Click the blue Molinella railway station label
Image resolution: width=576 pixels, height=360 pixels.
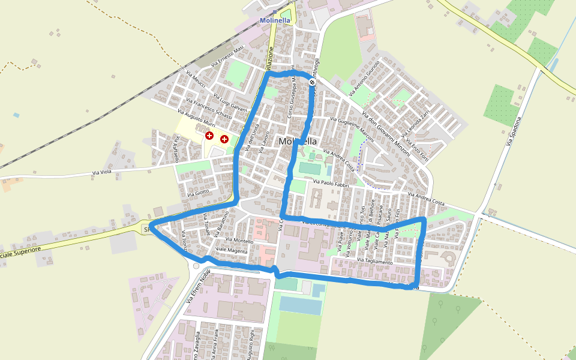275,20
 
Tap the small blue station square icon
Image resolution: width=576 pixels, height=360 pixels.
275,12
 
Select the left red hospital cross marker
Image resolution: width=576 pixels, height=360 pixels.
209,136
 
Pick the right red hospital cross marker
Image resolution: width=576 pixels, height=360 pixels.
224,139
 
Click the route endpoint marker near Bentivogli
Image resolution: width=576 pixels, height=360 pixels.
312,82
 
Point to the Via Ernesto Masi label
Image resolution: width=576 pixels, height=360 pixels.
228,56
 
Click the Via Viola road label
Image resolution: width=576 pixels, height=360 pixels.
101,173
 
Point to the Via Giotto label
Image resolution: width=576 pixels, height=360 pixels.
198,193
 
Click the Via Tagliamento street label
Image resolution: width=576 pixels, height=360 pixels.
374,262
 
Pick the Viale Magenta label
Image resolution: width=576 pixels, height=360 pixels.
231,250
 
